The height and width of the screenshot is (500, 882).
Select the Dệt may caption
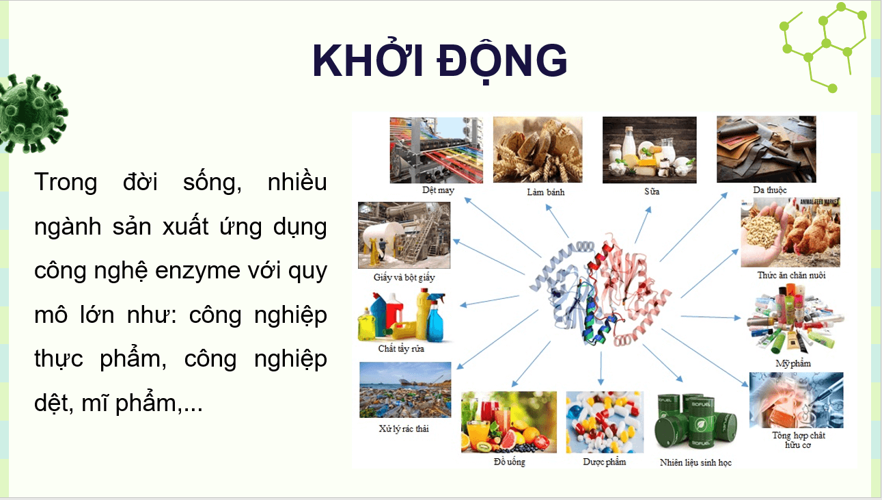pos(438,190)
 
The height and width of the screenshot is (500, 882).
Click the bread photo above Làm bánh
pos(538,149)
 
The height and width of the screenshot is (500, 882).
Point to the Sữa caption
pos(651,192)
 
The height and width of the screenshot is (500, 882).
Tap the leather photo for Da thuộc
pos(766,149)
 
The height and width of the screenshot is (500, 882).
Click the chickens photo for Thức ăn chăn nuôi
pos(790,233)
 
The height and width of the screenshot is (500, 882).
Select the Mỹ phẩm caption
pos(793,363)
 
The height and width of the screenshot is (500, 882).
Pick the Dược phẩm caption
pos(604,462)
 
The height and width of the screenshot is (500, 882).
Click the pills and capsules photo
pos(604,421)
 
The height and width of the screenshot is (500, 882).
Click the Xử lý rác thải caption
pos(404,429)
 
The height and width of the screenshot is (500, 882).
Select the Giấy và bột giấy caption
pos(404,278)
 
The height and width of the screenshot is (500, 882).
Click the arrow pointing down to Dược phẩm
pos(601,369)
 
